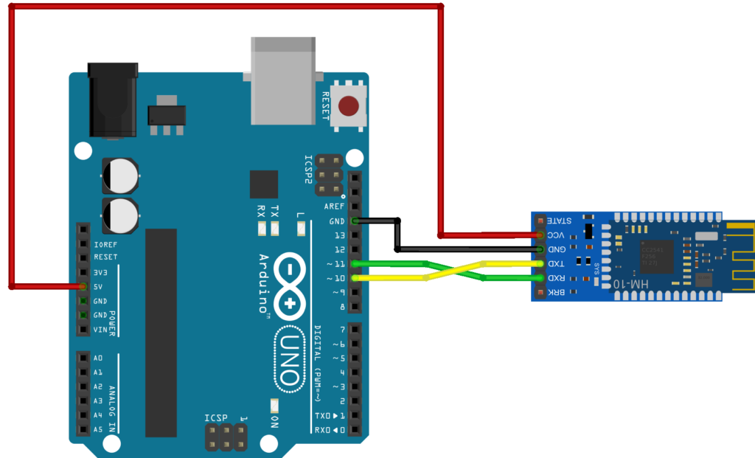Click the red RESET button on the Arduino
pyautogui.click(x=350, y=105)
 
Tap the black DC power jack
pyautogui.click(x=112, y=100)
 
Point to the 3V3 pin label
pyautogui.click(x=101, y=273)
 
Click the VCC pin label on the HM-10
pyautogui.click(x=557, y=235)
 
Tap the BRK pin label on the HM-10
pyautogui.click(x=557, y=293)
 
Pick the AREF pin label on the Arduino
pyautogui.click(x=334, y=207)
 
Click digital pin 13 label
pyautogui.click(x=339, y=235)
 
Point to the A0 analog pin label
pyautogui.click(x=98, y=358)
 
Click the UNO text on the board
pyautogui.click(x=290, y=359)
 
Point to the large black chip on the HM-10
pyautogui.click(x=656, y=257)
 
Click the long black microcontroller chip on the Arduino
pyautogui.click(x=161, y=332)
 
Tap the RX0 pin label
pyautogui.click(x=324, y=430)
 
